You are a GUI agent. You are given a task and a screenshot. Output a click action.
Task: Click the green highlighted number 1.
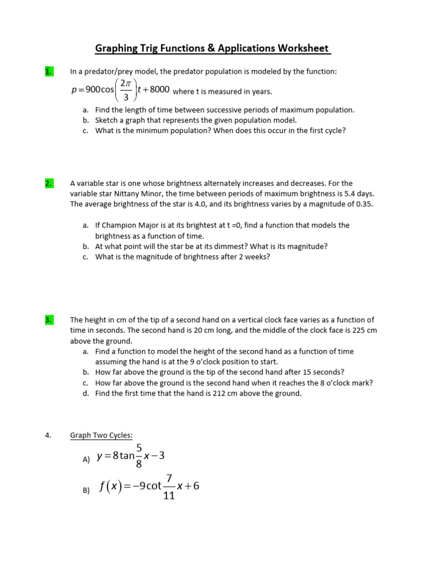49,72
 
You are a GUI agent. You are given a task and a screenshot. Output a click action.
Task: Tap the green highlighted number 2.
49,183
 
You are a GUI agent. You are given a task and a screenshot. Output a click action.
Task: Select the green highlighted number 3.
49,320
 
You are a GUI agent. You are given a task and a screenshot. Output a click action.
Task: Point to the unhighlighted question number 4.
48,435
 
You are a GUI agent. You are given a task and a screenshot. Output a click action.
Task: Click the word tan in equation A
128,456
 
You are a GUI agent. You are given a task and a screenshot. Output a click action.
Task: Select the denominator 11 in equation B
169,496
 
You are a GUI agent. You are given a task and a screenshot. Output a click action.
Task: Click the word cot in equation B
153,486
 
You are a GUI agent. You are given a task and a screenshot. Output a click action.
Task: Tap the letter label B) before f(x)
86,490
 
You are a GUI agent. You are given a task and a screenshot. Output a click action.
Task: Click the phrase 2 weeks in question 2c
255,257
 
